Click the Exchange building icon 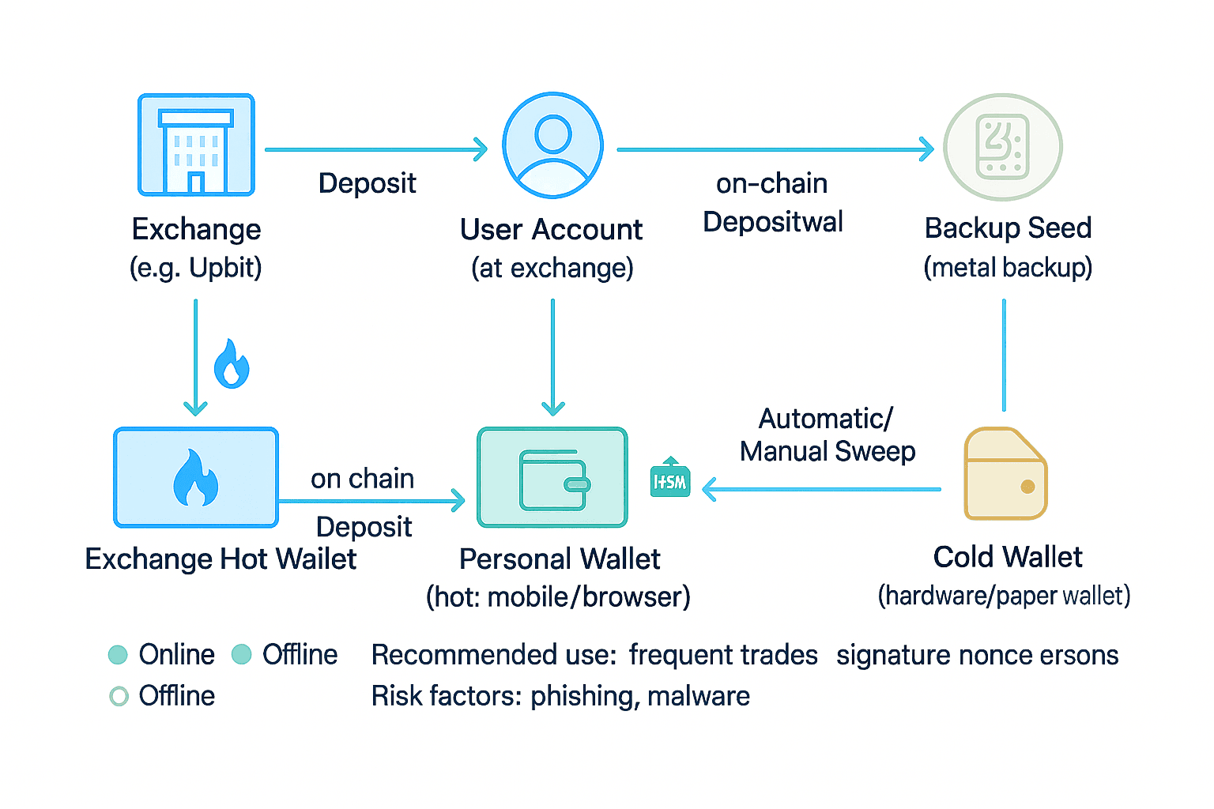pos(196,145)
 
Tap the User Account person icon pos(552,145)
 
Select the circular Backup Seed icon pos(1003,147)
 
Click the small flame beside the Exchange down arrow pos(232,364)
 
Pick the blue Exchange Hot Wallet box pos(196,477)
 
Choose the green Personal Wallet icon pos(552,477)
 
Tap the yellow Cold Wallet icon pos(1005,474)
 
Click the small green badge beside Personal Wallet pos(670,479)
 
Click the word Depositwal pos(773,222)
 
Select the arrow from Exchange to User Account pos(376,149)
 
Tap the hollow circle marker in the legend pos(119,696)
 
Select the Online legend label pos(176,655)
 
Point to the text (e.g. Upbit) pos(195,268)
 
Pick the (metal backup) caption pos(1008,268)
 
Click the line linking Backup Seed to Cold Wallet pos(1004,356)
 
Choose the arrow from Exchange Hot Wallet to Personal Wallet pos(371,501)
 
